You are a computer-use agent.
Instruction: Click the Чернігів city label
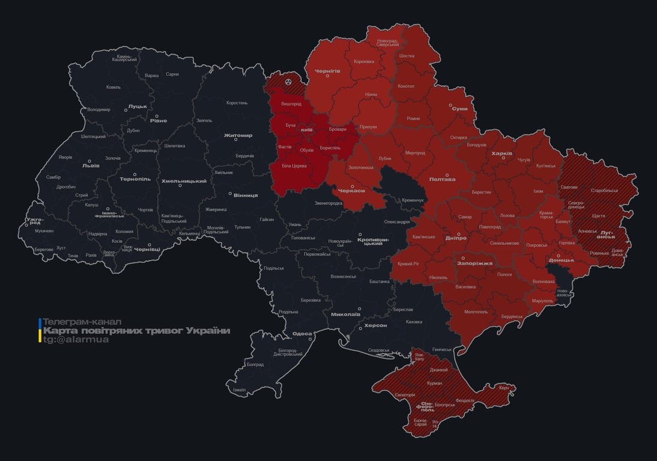click(x=327, y=70)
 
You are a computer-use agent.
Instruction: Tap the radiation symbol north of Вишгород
click(x=289, y=81)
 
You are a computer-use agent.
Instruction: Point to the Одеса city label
click(x=302, y=333)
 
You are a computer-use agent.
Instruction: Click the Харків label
click(x=501, y=153)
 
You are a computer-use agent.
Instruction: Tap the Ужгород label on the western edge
click(x=35, y=221)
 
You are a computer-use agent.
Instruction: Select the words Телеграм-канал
click(x=82, y=322)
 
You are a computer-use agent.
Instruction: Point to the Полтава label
click(x=442, y=179)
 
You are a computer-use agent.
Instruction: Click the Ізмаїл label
click(x=239, y=390)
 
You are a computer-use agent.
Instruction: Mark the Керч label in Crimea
click(x=503, y=388)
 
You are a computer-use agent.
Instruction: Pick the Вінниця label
click(x=246, y=195)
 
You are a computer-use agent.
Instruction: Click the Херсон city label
click(x=375, y=325)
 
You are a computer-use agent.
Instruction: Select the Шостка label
click(x=407, y=56)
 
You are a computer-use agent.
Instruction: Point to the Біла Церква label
click(x=294, y=165)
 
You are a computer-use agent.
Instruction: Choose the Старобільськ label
click(x=604, y=190)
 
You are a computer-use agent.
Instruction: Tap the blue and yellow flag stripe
click(x=40, y=331)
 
